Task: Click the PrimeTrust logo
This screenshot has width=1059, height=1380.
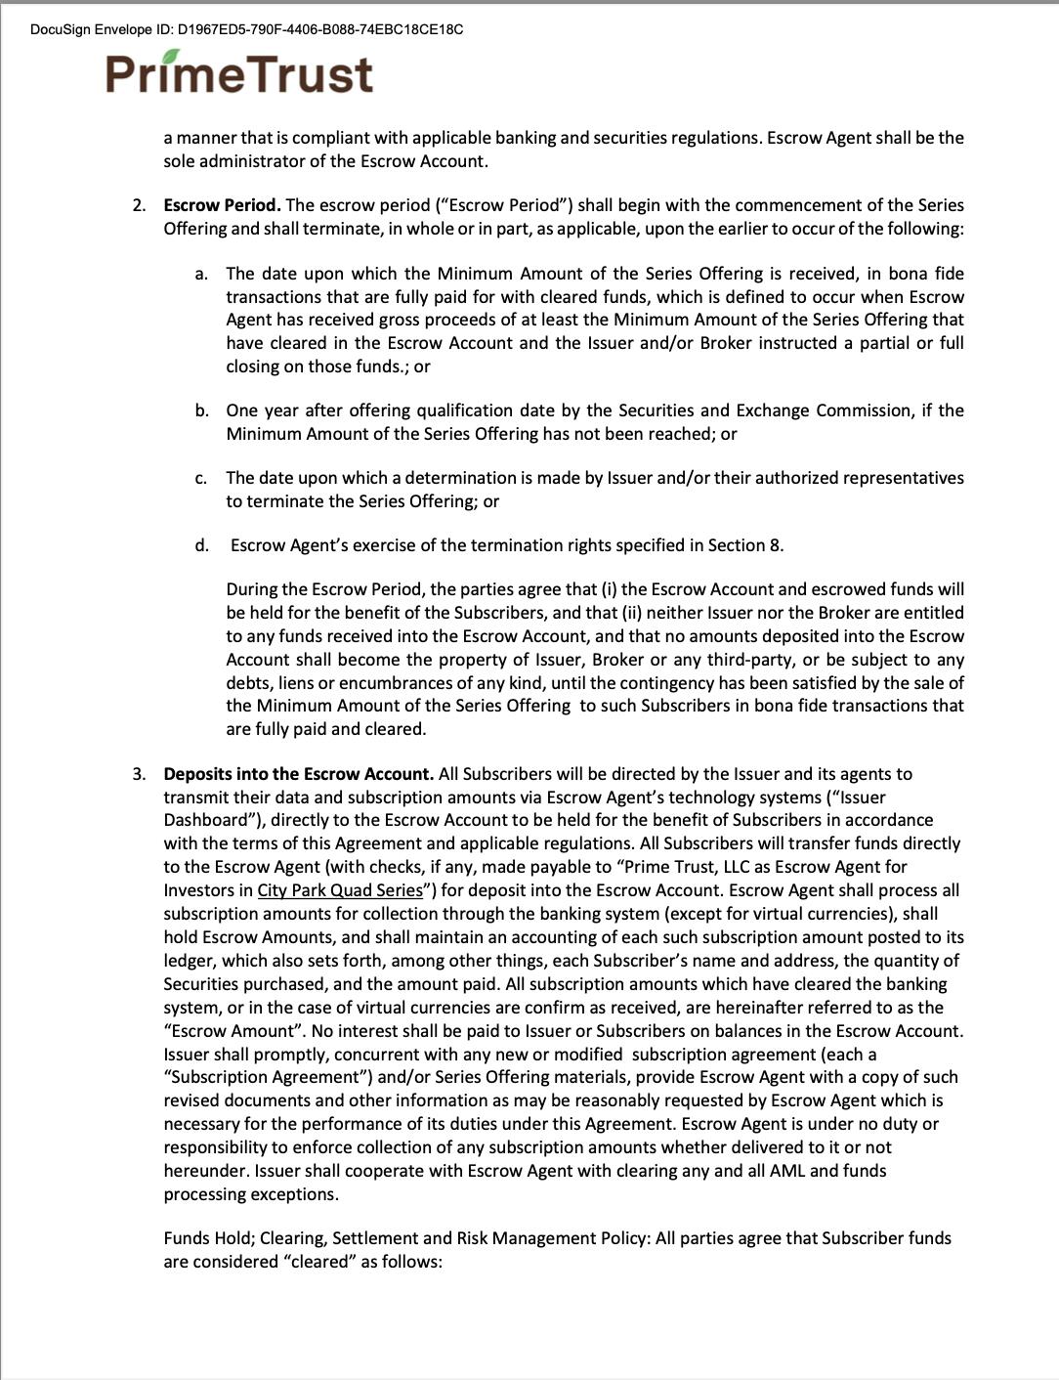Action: (239, 73)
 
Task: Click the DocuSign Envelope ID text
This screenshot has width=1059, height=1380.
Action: (246, 29)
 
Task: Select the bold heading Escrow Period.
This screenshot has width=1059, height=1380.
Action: (222, 205)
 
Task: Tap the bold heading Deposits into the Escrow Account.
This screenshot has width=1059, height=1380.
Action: (298, 774)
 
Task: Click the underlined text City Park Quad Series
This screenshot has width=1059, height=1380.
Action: (340, 890)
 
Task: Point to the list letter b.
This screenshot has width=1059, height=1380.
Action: (201, 410)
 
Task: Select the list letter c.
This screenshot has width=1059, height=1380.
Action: (200, 478)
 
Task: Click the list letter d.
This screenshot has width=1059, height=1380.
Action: (201, 545)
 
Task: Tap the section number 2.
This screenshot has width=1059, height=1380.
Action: (140, 205)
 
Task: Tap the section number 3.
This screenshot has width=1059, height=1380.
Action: (140, 774)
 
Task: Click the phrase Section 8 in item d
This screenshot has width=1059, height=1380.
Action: (747, 545)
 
